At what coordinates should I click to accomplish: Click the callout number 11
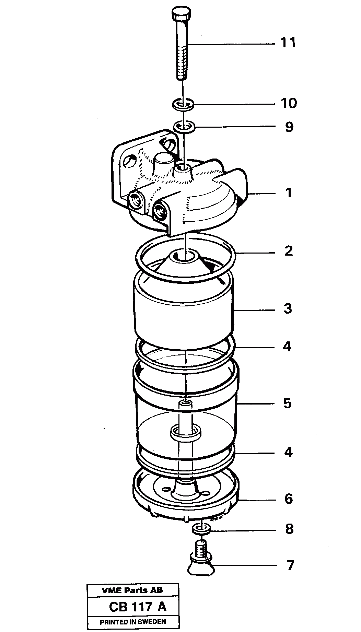pos(288,43)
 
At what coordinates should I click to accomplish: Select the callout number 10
pos(288,103)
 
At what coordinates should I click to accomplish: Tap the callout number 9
pos(289,127)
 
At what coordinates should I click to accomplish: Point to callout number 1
pos(289,193)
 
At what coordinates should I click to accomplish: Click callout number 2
pos(289,251)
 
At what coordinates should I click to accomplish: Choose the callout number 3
pos(288,308)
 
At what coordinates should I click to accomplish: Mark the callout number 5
pos(288,403)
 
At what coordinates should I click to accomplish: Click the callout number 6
pos(288,499)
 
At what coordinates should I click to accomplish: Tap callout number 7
pos(290,565)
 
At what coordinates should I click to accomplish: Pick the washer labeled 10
pos(183,104)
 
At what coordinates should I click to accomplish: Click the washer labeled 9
pos(184,127)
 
